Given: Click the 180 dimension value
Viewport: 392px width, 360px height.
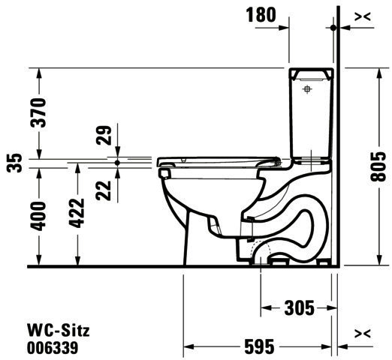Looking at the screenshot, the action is point(261,15).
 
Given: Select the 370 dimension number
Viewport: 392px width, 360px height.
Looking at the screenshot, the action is point(38,112).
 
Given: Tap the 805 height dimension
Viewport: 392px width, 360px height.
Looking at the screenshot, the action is point(378,166).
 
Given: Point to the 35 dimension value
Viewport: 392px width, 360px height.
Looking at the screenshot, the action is point(14,163).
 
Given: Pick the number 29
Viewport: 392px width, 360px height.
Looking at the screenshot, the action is point(104,135).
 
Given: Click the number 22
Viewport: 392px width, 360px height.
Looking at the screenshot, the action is point(104,190).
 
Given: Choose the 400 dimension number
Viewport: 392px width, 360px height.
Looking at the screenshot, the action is point(38,216).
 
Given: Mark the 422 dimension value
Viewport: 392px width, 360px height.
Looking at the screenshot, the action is point(77,213).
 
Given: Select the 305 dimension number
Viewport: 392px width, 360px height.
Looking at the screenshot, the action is point(300,307).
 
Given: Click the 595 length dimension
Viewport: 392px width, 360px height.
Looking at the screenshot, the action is point(259,346).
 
